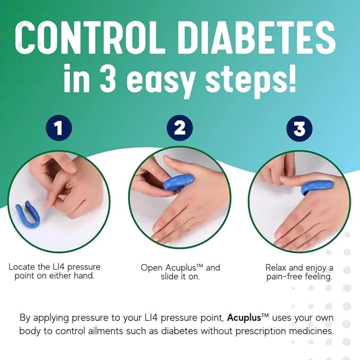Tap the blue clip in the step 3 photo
[317, 187]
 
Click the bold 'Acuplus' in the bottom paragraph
[248, 318]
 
